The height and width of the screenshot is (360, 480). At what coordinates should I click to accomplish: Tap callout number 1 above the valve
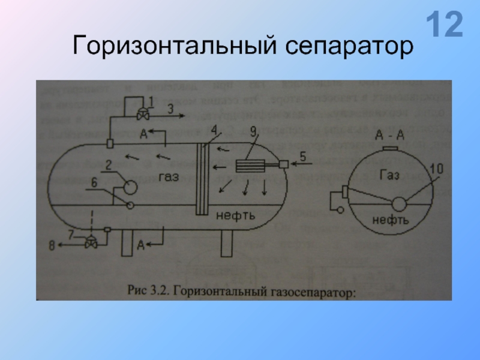[150, 100]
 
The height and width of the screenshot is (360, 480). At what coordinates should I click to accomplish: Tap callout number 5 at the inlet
[303, 157]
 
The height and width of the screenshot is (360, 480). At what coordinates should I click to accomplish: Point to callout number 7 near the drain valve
[72, 235]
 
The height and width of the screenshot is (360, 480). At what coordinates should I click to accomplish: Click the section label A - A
[390, 135]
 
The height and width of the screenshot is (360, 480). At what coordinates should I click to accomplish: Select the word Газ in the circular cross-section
[391, 175]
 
